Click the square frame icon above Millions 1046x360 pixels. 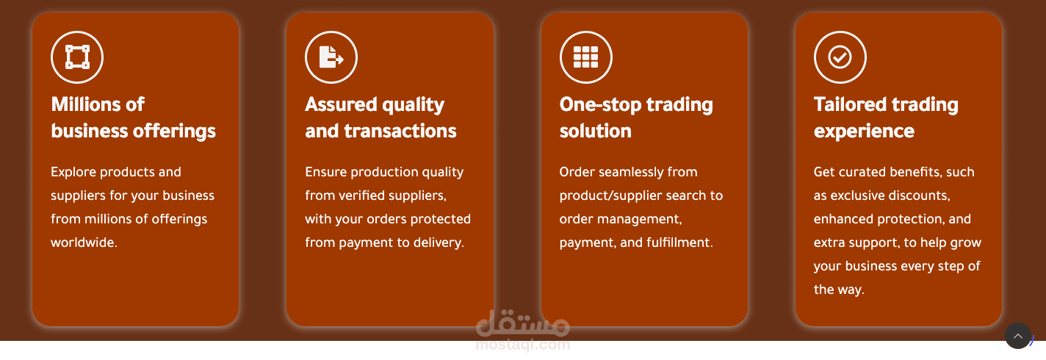77,57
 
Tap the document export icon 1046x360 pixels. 331,57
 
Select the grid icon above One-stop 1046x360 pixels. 585,57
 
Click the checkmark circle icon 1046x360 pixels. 840,57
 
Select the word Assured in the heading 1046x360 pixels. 341,104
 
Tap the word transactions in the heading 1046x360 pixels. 400,132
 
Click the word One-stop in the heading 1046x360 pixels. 601,104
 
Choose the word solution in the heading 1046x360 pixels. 596,132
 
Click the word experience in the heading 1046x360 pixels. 864,132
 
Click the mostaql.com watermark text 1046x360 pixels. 523,345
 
